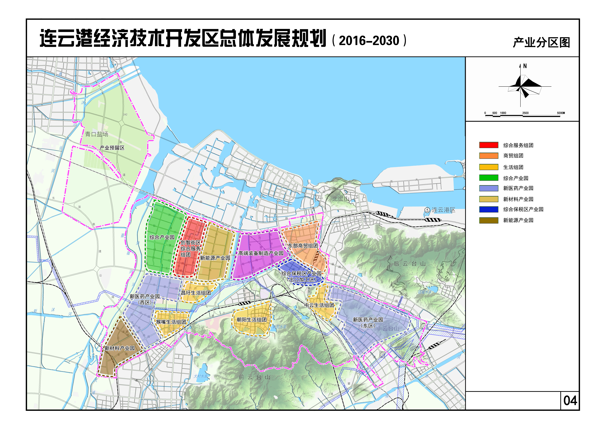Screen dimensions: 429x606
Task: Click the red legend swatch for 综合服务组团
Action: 489,145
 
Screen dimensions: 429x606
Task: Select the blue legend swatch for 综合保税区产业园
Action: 489,209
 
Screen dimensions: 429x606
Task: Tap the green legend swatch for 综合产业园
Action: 489,178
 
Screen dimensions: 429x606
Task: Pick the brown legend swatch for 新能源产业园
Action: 489,220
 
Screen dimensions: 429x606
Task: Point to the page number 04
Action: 570,401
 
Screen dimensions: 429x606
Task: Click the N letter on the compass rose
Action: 525,66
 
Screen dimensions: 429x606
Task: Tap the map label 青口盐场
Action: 97,134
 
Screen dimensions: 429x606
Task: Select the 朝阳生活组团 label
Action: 252,320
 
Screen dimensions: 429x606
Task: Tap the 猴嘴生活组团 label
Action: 171,322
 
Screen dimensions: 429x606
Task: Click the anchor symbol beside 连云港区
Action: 427,210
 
